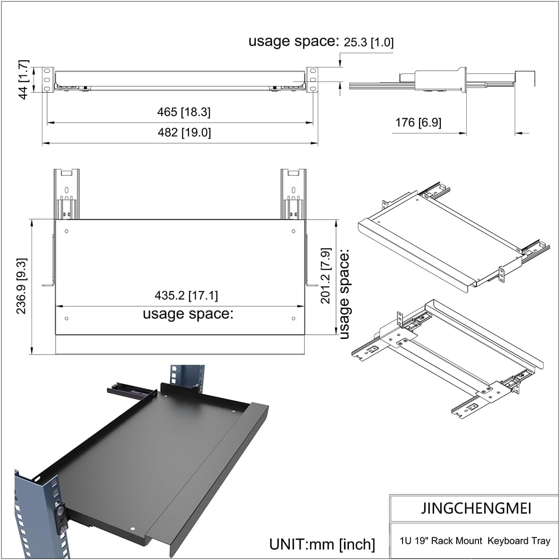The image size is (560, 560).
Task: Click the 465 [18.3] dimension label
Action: click(184, 112)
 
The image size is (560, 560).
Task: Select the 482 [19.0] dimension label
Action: click(184, 132)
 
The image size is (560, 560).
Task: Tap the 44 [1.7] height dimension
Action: click(24, 79)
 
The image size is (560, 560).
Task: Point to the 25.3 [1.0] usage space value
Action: click(368, 42)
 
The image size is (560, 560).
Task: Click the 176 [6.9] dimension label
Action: click(418, 123)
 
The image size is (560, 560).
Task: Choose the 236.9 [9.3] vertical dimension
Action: click(22, 286)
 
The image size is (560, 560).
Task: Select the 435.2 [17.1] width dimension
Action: click(186, 296)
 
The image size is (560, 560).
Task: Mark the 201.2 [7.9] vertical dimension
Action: click(326, 276)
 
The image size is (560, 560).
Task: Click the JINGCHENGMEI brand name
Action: click(476, 508)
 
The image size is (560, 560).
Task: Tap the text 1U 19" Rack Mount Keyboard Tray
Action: click(475, 541)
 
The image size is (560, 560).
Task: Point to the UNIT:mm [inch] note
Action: click(322, 544)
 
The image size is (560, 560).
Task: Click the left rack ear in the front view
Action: click(47, 80)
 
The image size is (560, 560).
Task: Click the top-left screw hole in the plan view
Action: click(66, 231)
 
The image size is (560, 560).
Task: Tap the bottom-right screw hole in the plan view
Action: click(293, 319)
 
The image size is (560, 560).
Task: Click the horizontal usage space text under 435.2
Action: click(188, 313)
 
